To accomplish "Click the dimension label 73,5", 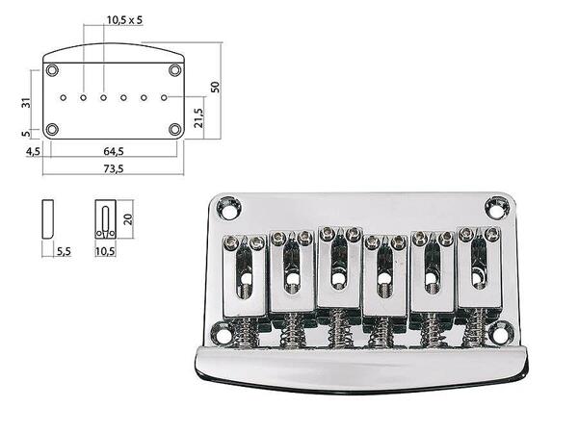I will (x=113, y=168).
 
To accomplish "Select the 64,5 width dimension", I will (x=113, y=151).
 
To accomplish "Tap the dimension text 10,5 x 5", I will (x=124, y=19).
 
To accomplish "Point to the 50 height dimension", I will (x=216, y=87).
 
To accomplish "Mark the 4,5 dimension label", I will (x=33, y=151).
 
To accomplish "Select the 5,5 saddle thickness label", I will (x=64, y=251).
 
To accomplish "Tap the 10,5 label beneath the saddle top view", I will (x=106, y=251).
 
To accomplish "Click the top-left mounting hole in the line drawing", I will (x=52, y=70).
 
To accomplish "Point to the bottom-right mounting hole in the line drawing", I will (x=174, y=129).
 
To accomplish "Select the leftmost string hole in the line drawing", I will (x=63, y=97).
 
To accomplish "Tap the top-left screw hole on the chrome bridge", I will (x=228, y=206).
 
